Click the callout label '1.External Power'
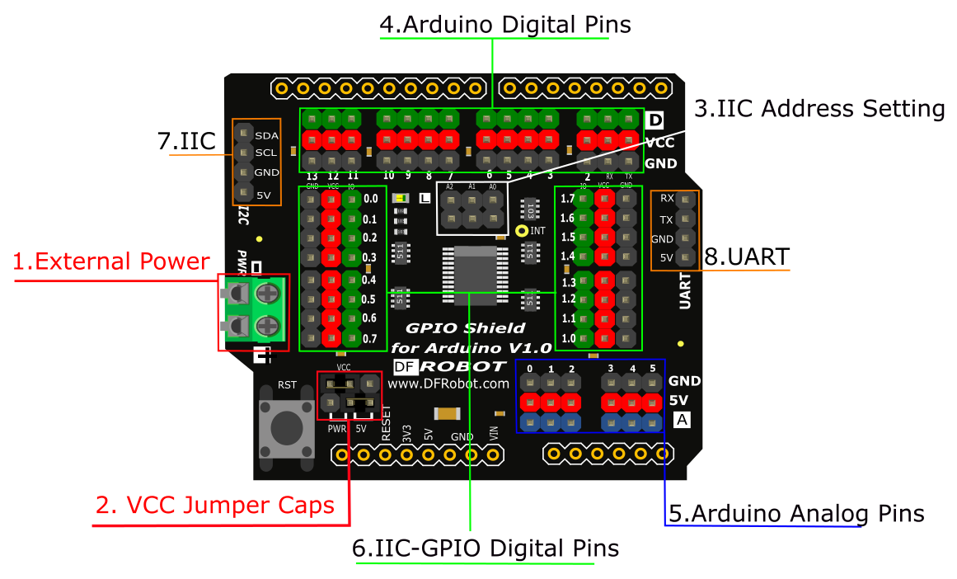pyautogui.click(x=111, y=262)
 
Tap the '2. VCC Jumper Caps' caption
pyautogui.click(x=215, y=505)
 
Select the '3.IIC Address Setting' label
pyautogui.click(x=819, y=109)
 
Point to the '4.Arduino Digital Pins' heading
pyautogui.click(x=505, y=25)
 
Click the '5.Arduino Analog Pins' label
pyautogui.click(x=796, y=514)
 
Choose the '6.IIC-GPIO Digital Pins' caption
pyautogui.click(x=485, y=548)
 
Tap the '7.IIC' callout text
pyautogui.click(x=185, y=142)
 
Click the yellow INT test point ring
pyautogui.click(x=521, y=231)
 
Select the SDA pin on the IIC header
pyautogui.click(x=243, y=134)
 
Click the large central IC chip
pyautogui.click(x=471, y=275)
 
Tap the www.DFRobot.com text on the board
pyautogui.click(x=448, y=384)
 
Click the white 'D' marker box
pyautogui.click(x=654, y=120)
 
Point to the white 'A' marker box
pyautogui.click(x=682, y=421)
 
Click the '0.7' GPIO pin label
pyautogui.click(x=369, y=338)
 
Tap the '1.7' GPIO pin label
pyautogui.click(x=568, y=199)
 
